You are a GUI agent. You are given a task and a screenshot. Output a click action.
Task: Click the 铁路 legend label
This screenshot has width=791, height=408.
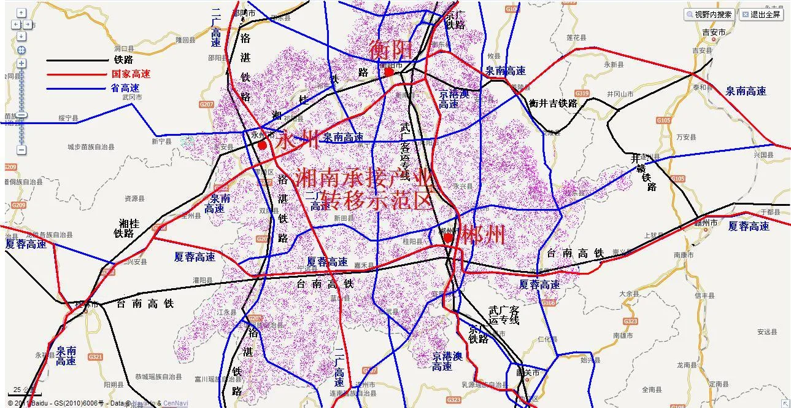coord(123,60)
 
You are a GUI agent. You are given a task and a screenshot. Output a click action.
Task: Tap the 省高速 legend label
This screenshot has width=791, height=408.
coord(125,88)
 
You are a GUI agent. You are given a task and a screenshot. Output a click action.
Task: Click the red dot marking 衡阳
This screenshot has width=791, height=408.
coord(388,72)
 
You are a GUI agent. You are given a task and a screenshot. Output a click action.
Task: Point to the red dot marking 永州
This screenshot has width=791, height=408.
coord(263,145)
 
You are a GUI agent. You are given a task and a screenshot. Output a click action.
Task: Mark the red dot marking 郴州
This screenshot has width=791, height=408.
coord(449,237)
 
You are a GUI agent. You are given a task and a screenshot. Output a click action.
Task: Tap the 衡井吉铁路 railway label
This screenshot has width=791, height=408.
coord(553,103)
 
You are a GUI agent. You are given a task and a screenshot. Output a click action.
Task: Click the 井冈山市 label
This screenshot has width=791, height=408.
coord(620,94)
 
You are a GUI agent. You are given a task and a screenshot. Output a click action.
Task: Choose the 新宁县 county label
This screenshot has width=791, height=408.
coord(161,141)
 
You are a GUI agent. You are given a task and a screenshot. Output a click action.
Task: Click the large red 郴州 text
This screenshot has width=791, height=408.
coord(483,235)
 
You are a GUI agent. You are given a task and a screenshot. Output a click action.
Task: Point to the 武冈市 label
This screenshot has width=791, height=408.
coord(132,97)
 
